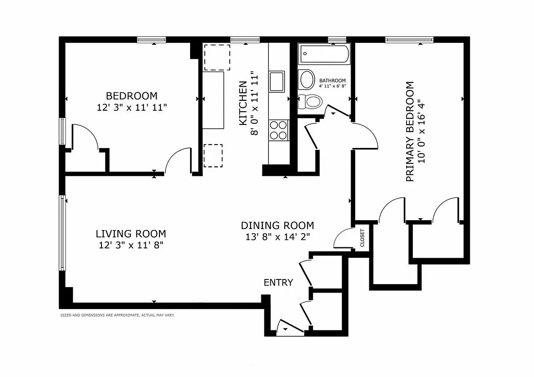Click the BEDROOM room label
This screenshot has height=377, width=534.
(132, 96)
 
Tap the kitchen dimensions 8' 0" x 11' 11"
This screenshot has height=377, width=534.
(255, 104)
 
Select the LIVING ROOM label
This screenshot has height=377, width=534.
(131, 233)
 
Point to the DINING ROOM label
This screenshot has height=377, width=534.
(277, 225)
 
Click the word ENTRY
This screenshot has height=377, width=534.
(278, 283)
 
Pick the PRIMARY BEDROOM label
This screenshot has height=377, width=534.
(410, 131)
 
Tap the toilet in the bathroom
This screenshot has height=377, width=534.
(310, 100)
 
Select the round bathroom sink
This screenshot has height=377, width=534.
(307, 79)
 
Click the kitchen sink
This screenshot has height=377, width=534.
(277, 81)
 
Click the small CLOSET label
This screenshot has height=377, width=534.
(362, 238)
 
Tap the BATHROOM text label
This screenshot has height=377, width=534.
(333, 81)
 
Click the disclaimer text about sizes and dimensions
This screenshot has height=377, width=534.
(117, 315)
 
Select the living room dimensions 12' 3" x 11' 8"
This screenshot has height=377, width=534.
(131, 245)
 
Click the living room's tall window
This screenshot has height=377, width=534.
(62, 233)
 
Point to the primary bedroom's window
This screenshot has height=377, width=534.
(409, 40)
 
